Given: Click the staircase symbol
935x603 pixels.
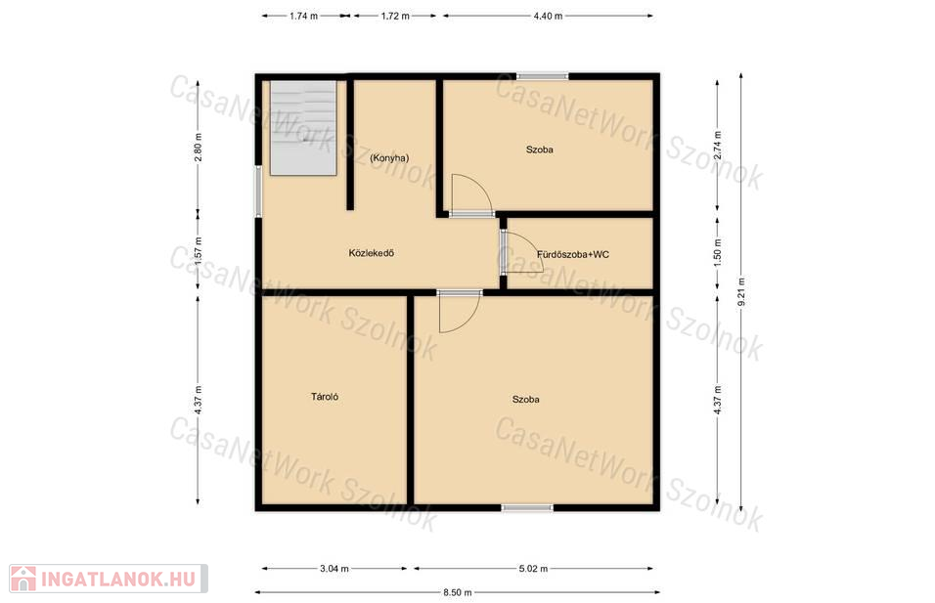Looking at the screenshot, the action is pos(303,128).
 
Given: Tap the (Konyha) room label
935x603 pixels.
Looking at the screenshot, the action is pos(389,158).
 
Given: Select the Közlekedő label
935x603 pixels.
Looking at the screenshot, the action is pos(372,253).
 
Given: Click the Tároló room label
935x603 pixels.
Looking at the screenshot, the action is pos(325,396).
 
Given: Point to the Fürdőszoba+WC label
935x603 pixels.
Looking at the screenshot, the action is pos(573,254).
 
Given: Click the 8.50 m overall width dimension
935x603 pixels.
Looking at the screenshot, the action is pos(458,592).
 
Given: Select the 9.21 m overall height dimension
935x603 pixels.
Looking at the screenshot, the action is pos(741,292).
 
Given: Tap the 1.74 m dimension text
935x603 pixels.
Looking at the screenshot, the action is pos(303,16).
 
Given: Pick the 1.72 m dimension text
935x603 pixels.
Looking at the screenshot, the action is pos(395,16).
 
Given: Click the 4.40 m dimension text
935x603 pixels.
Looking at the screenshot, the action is pos(548,16).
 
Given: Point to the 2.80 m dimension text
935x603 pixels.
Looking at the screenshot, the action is pos(199,147).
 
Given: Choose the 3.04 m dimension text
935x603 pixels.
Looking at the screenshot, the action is pos(334,569).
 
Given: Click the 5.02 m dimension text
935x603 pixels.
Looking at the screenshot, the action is pos(533,569).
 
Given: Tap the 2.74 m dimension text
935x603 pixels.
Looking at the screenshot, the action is pos(718,145).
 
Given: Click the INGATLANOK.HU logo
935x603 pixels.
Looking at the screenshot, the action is pos(109,579).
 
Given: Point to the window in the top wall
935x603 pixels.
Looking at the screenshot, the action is pos(542,76).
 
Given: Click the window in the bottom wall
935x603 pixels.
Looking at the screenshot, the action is pos(527,507).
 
